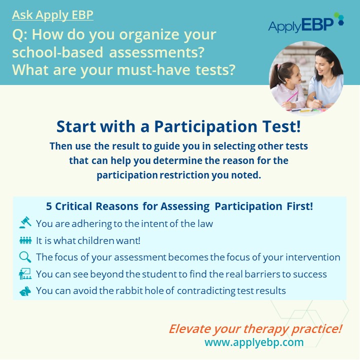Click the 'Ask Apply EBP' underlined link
point(52,15)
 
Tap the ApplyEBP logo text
point(301,25)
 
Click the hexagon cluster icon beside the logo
point(339,18)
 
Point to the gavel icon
point(25,222)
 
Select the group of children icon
point(25,240)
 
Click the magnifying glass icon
point(25,257)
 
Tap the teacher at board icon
point(25,273)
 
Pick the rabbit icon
point(25,291)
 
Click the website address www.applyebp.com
point(254,342)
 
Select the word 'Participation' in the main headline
point(205,126)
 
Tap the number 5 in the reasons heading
point(49,206)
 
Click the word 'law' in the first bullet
point(205,223)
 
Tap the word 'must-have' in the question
point(153,70)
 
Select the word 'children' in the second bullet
point(96,240)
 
